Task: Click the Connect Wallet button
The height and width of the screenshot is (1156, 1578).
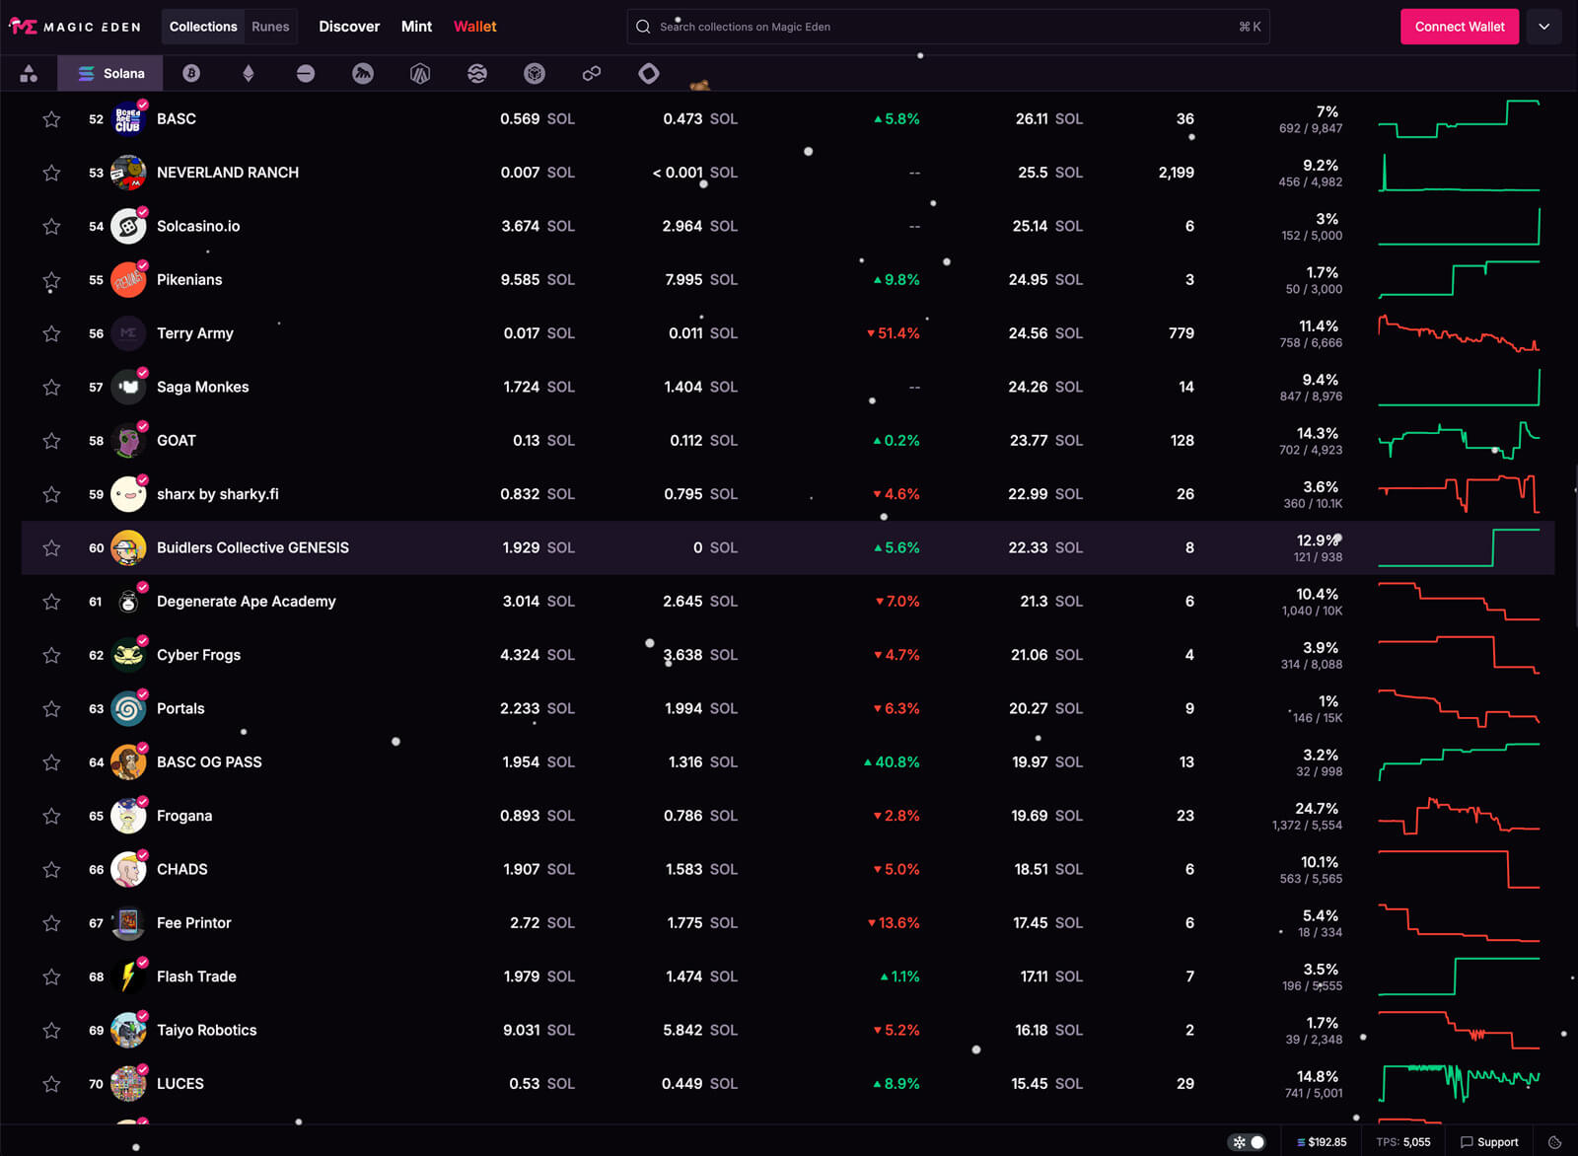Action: pyautogui.click(x=1459, y=27)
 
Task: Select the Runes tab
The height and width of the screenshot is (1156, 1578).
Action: pyautogui.click(x=270, y=27)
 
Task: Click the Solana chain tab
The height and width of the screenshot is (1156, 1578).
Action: pyautogui.click(x=111, y=73)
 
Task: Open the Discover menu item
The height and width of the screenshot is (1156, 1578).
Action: pyautogui.click(x=349, y=27)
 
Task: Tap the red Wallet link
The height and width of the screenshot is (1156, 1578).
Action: pyautogui.click(x=474, y=27)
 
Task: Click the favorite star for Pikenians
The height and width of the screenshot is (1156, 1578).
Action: pyautogui.click(x=51, y=280)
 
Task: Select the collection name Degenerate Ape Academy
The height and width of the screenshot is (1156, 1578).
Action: pyautogui.click(x=246, y=602)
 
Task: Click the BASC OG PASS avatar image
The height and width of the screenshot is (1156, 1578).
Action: pyautogui.click(x=128, y=762)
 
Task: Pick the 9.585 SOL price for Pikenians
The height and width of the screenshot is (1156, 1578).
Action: pyautogui.click(x=537, y=280)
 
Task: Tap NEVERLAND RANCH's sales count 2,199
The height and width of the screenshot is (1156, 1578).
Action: pyautogui.click(x=1176, y=173)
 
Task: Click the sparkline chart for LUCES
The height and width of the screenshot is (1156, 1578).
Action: pyautogui.click(x=1459, y=1082)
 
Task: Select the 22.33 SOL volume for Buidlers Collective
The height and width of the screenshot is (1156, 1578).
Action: pyautogui.click(x=1044, y=547)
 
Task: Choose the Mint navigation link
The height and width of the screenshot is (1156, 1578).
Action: pyautogui.click(x=416, y=27)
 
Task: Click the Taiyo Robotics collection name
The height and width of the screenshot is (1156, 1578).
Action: pyautogui.click(x=206, y=1030)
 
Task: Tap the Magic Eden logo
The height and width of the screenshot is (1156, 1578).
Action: pyautogui.click(x=76, y=27)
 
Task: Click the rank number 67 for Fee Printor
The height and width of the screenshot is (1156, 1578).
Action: pyautogui.click(x=96, y=923)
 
